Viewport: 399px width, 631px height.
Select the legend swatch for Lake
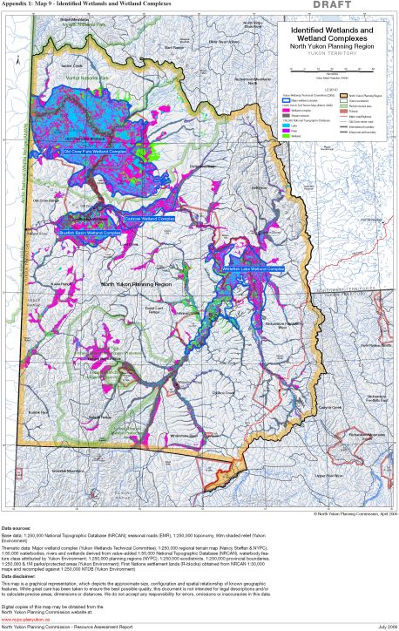[x=285, y=124]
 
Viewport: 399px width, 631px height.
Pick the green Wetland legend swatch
[x=285, y=134]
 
